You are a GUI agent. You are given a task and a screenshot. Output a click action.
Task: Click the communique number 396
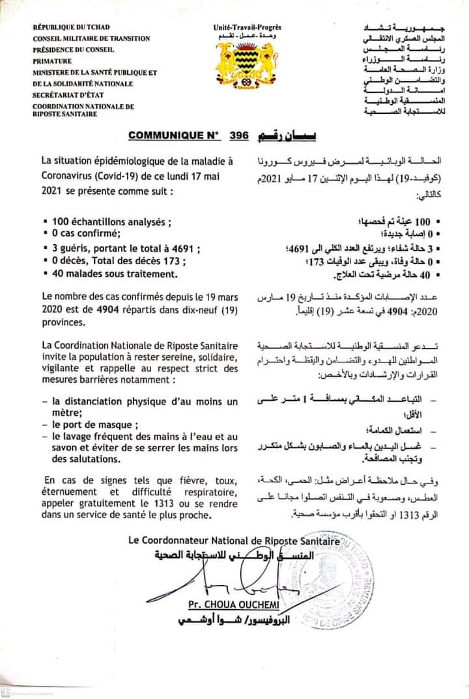tap(240, 137)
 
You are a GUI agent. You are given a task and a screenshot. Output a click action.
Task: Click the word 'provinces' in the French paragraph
tap(63, 322)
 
